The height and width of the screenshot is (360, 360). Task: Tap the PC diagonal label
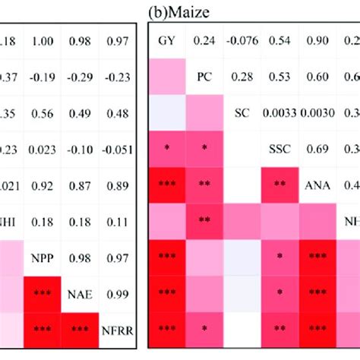(x=204, y=77)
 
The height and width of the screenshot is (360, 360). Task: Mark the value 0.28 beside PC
(x=242, y=77)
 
